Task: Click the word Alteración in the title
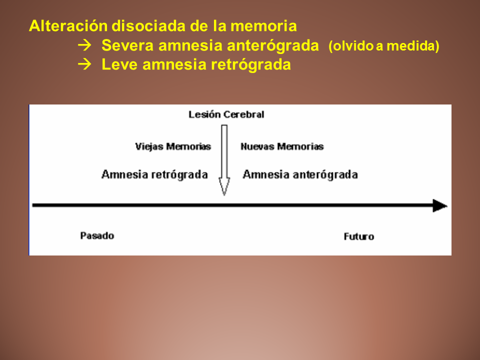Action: [x=68, y=25]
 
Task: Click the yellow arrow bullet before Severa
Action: [x=84, y=45]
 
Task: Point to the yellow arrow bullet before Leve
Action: [x=84, y=64]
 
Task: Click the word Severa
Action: [x=127, y=45]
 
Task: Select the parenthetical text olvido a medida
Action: [x=384, y=46]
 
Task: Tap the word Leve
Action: [x=119, y=64]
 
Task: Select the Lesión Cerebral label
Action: [x=226, y=114]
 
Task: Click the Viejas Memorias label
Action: [x=173, y=146]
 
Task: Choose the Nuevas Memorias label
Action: [x=282, y=146]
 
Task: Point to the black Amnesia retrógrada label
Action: [x=154, y=174]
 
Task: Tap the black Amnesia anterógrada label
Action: [x=300, y=174]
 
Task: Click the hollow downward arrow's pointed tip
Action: [x=224, y=195]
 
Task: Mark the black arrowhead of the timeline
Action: [x=440, y=205]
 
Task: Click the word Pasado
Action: [x=97, y=235]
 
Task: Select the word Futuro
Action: [x=359, y=236]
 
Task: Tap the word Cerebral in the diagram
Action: [x=243, y=114]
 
